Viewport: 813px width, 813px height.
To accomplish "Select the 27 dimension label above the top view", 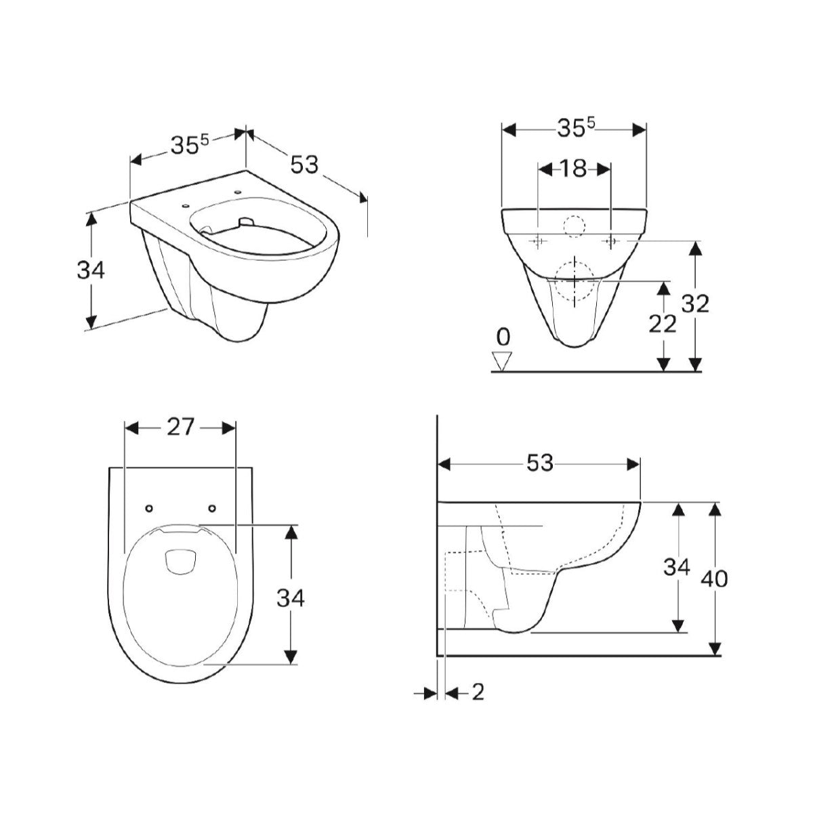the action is pyautogui.click(x=181, y=428).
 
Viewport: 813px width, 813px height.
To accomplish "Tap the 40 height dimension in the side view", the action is pyautogui.click(x=714, y=579).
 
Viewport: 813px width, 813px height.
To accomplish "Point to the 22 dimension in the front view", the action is pyautogui.click(x=663, y=324).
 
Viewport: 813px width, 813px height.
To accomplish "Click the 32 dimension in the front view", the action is pyautogui.click(x=696, y=304).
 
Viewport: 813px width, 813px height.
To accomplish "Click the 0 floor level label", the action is pyautogui.click(x=503, y=337).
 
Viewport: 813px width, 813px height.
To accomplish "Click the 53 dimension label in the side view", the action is pyautogui.click(x=539, y=463).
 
